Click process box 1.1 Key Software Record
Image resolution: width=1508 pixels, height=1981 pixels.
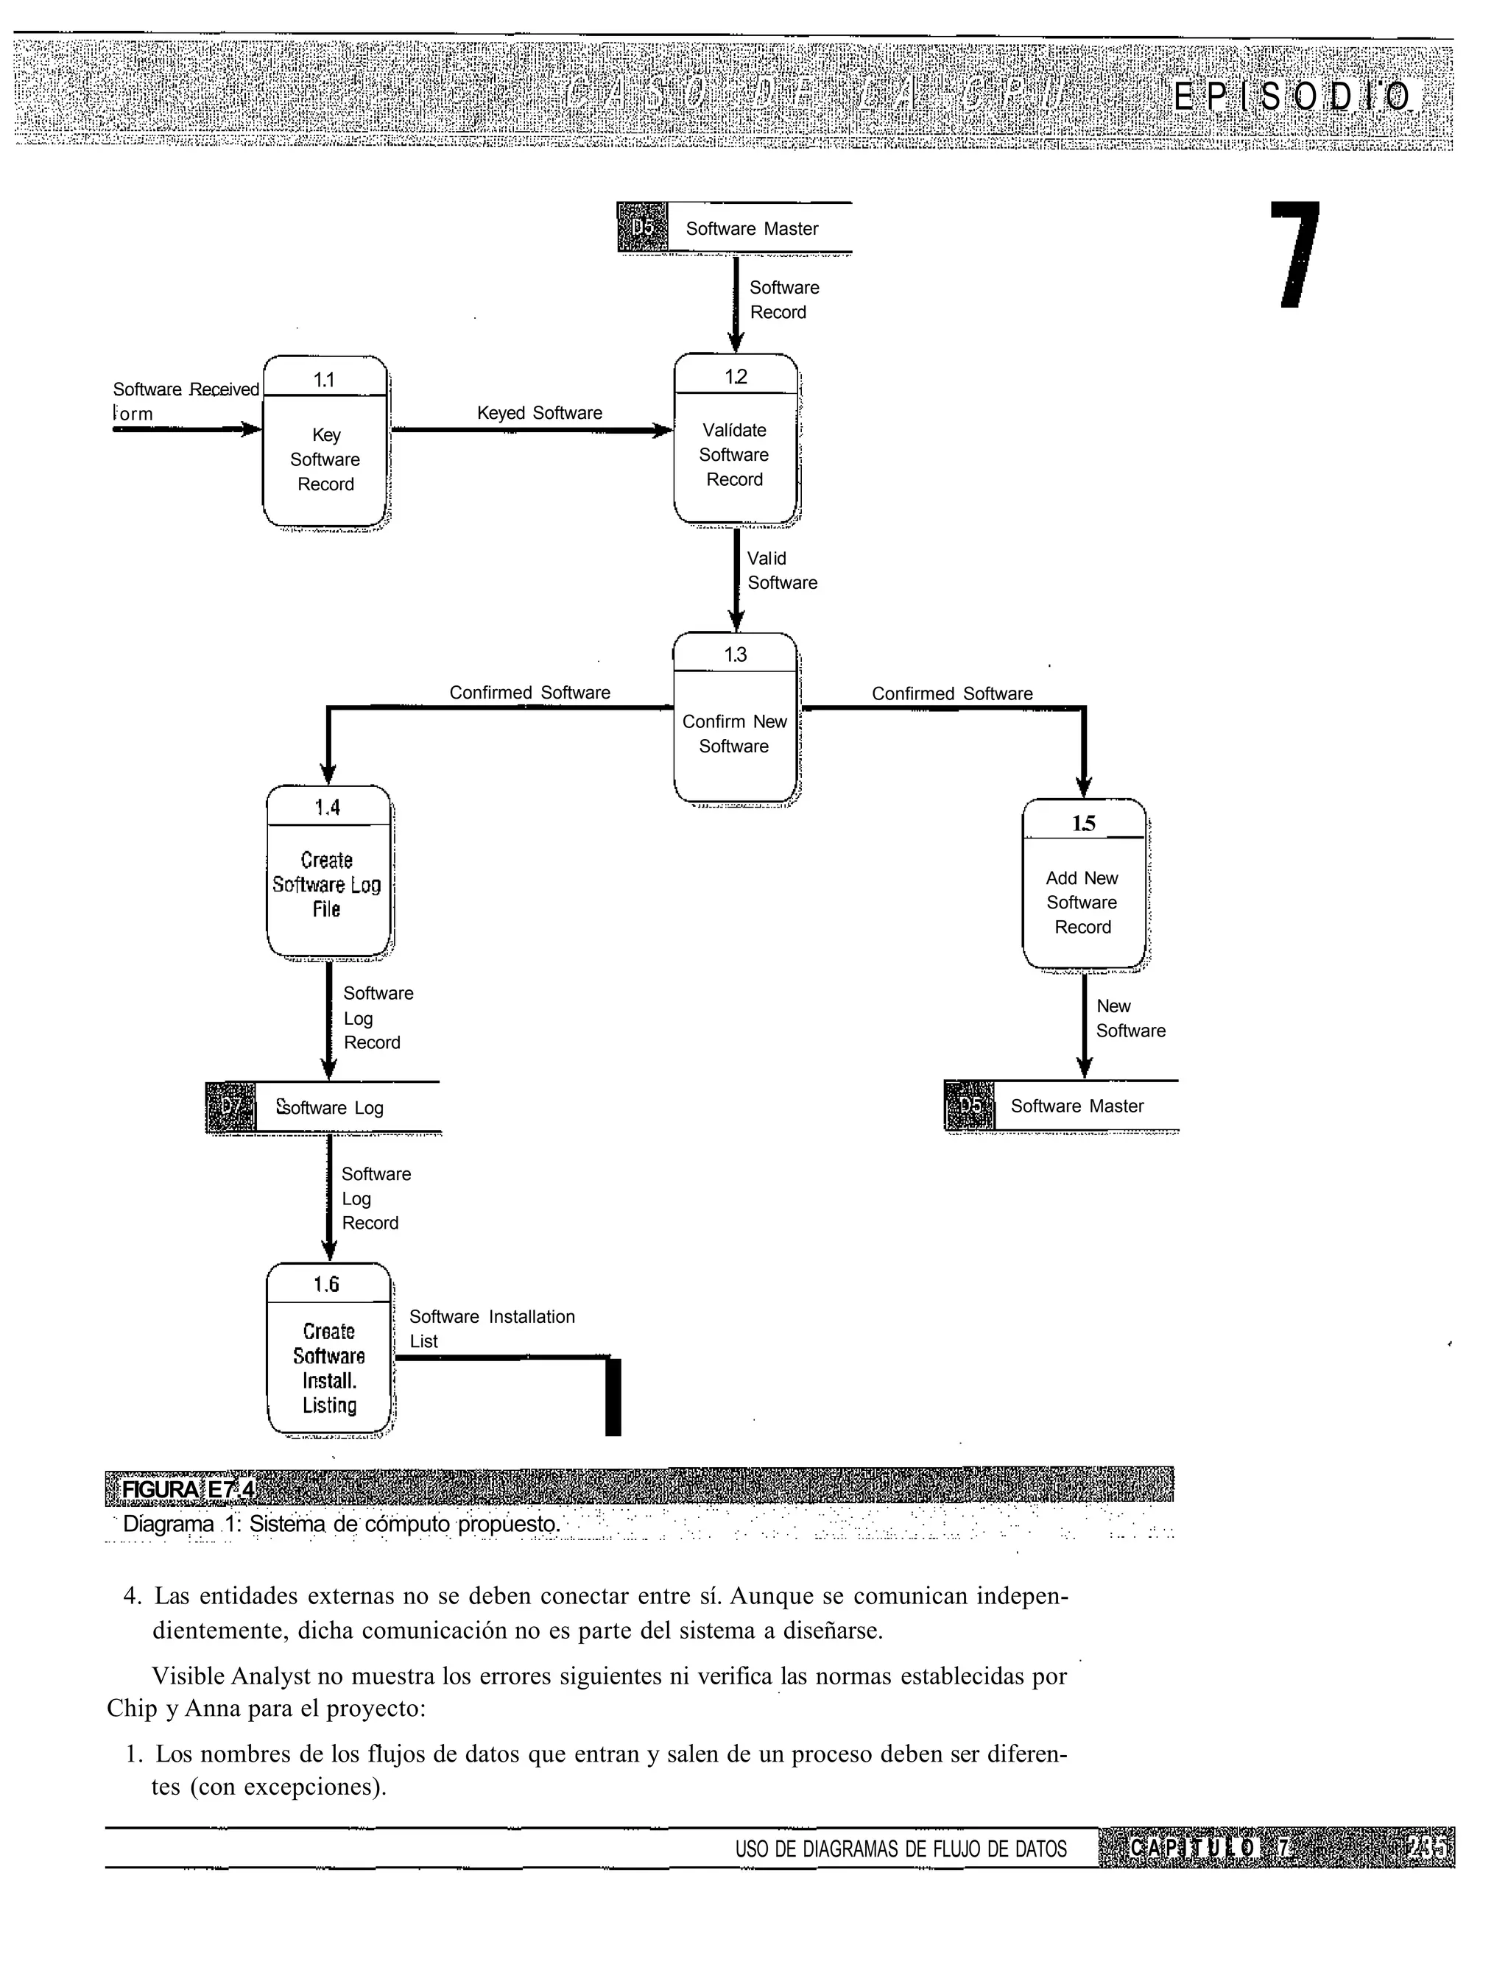click(325, 442)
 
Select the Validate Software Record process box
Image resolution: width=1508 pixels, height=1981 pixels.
click(735, 439)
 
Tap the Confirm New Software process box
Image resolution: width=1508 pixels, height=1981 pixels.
click(735, 718)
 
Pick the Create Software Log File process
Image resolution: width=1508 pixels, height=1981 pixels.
click(328, 871)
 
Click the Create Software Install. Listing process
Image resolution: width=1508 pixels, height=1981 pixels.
click(328, 1349)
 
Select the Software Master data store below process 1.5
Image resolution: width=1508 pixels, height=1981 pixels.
click(1077, 1106)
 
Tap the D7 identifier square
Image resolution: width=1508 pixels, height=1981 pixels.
click(230, 1108)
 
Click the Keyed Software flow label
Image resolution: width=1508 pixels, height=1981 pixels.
click(540, 413)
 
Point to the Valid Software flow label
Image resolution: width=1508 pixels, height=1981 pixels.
click(782, 571)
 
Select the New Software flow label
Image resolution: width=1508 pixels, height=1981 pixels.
click(1130, 1018)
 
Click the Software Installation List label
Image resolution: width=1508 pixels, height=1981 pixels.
click(491, 1329)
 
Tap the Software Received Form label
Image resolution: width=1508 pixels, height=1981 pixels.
click(185, 401)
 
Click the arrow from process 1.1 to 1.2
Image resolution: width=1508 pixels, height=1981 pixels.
click(532, 431)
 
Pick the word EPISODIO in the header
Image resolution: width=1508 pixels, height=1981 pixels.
click(1292, 96)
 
